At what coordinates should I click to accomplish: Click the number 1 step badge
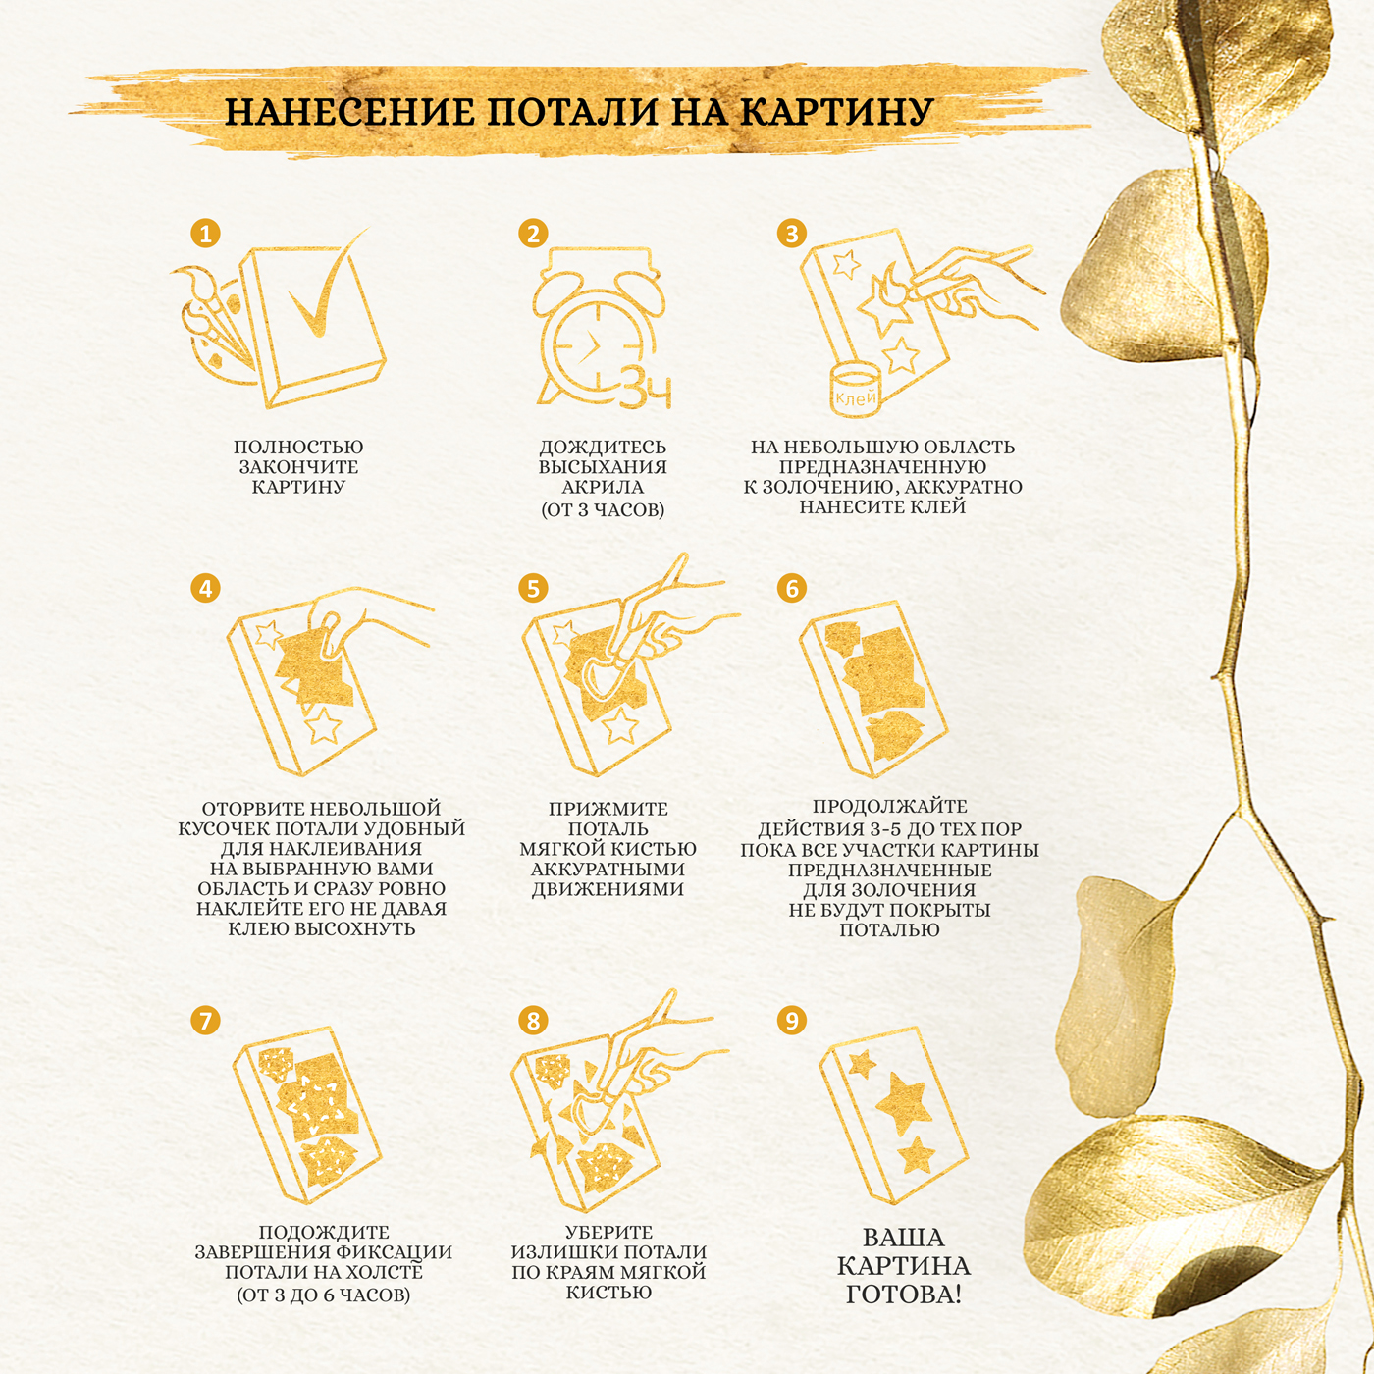point(205,234)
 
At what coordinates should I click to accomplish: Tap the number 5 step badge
point(533,589)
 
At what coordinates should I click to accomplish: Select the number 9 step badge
point(791,1021)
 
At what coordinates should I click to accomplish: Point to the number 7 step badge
point(205,1021)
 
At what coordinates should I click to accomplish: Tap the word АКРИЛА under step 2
point(603,488)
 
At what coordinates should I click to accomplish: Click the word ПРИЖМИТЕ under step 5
point(608,810)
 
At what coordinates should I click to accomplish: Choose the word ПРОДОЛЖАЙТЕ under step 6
point(890,807)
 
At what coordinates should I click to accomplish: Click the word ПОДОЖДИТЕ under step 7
point(324,1232)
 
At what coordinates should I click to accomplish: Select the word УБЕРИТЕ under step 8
point(608,1232)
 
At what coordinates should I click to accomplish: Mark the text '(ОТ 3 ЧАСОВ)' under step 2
point(603,509)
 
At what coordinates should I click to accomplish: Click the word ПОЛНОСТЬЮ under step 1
point(298,448)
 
